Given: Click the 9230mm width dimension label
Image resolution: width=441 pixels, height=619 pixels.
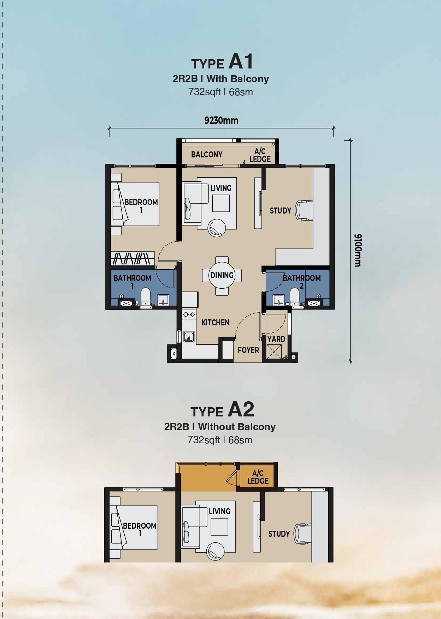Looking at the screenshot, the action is click(x=221, y=120).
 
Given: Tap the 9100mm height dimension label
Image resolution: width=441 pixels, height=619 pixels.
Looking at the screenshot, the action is click(x=358, y=250).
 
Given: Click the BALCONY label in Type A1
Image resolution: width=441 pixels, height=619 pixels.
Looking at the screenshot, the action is click(x=207, y=154).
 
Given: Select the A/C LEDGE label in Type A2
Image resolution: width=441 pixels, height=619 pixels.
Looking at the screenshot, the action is click(x=258, y=477).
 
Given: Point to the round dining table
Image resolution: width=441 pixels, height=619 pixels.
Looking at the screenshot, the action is click(x=222, y=276).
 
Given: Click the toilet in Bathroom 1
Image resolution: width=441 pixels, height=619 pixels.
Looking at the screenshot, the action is click(x=146, y=296).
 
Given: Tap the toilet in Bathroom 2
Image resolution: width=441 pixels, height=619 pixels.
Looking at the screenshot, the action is click(x=295, y=296).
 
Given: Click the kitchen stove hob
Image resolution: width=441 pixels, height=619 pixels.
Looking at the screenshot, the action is click(x=189, y=314).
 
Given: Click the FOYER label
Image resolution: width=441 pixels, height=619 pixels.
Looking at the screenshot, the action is click(x=248, y=350).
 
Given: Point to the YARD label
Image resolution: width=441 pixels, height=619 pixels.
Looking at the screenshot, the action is click(x=276, y=339).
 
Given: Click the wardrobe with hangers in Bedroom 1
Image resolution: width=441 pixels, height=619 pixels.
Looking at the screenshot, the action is click(x=133, y=258).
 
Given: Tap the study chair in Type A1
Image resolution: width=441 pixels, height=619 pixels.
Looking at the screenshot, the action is click(x=304, y=210).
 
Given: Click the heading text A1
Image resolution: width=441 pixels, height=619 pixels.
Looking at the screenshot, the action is click(x=241, y=61).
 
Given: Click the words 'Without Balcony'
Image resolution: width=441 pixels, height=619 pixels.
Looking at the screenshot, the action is click(x=237, y=427).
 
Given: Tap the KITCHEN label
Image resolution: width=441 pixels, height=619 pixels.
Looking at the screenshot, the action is click(x=215, y=323).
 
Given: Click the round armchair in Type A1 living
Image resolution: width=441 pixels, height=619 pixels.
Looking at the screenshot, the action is click(x=217, y=228).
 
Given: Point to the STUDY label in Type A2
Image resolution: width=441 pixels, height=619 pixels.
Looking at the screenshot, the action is click(x=279, y=534).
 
